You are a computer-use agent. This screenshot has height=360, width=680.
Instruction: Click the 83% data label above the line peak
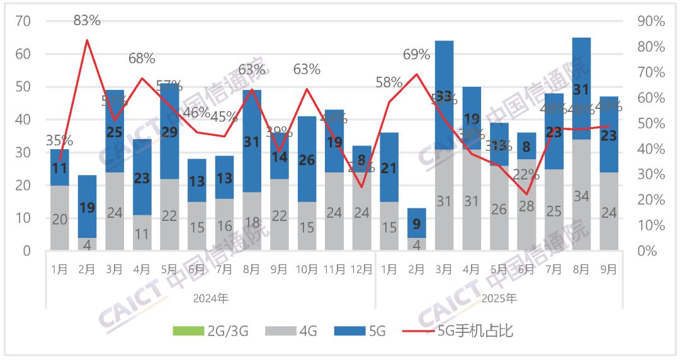click(87, 20)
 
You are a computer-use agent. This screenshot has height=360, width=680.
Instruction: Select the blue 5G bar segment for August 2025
click(581, 89)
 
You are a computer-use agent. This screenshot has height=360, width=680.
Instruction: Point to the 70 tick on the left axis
click(23, 21)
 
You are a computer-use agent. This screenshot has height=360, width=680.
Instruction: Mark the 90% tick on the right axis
click(651, 21)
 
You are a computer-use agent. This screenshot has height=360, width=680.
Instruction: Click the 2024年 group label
click(211, 298)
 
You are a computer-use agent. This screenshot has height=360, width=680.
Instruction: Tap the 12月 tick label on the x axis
click(361, 270)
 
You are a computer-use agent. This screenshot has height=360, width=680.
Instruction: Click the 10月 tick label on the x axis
click(307, 270)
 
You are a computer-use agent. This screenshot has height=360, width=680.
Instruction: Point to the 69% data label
click(416, 55)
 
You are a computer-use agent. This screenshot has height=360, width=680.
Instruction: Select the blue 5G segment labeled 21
click(389, 168)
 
